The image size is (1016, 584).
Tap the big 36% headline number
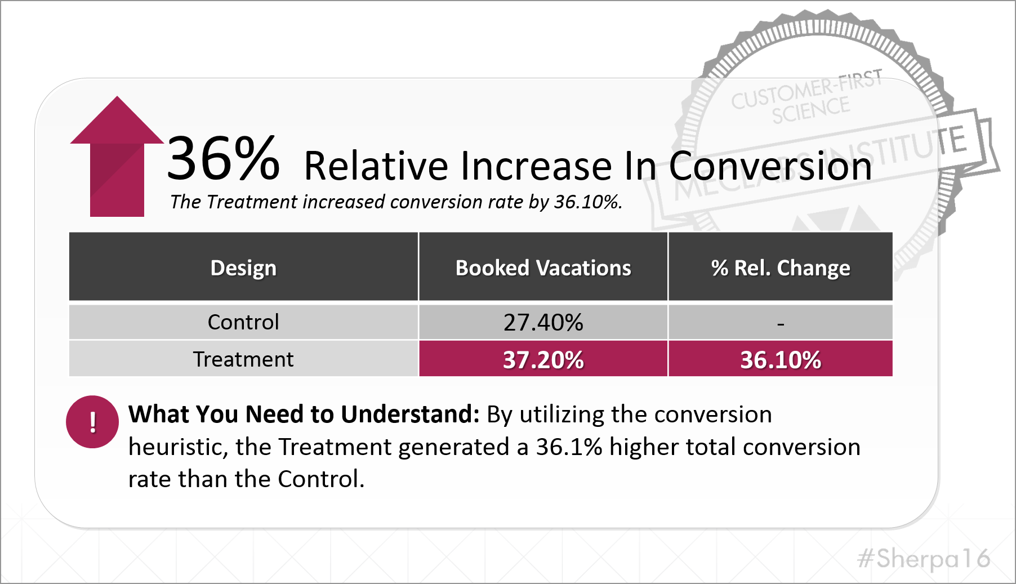(x=223, y=159)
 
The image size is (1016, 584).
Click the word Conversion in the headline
(x=770, y=166)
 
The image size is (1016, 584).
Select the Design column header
(x=243, y=268)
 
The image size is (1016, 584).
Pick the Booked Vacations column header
(x=543, y=268)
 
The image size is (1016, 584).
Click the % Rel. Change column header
(x=780, y=268)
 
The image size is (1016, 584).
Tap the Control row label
(x=243, y=322)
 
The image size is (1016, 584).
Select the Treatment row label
(x=243, y=359)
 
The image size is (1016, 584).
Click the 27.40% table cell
(x=543, y=322)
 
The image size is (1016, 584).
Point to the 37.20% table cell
(x=543, y=359)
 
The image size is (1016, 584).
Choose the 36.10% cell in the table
(x=780, y=359)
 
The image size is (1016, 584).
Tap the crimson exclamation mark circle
(x=92, y=422)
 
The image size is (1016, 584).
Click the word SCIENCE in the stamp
(x=810, y=110)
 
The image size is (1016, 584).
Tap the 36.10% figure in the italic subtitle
(x=587, y=202)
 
